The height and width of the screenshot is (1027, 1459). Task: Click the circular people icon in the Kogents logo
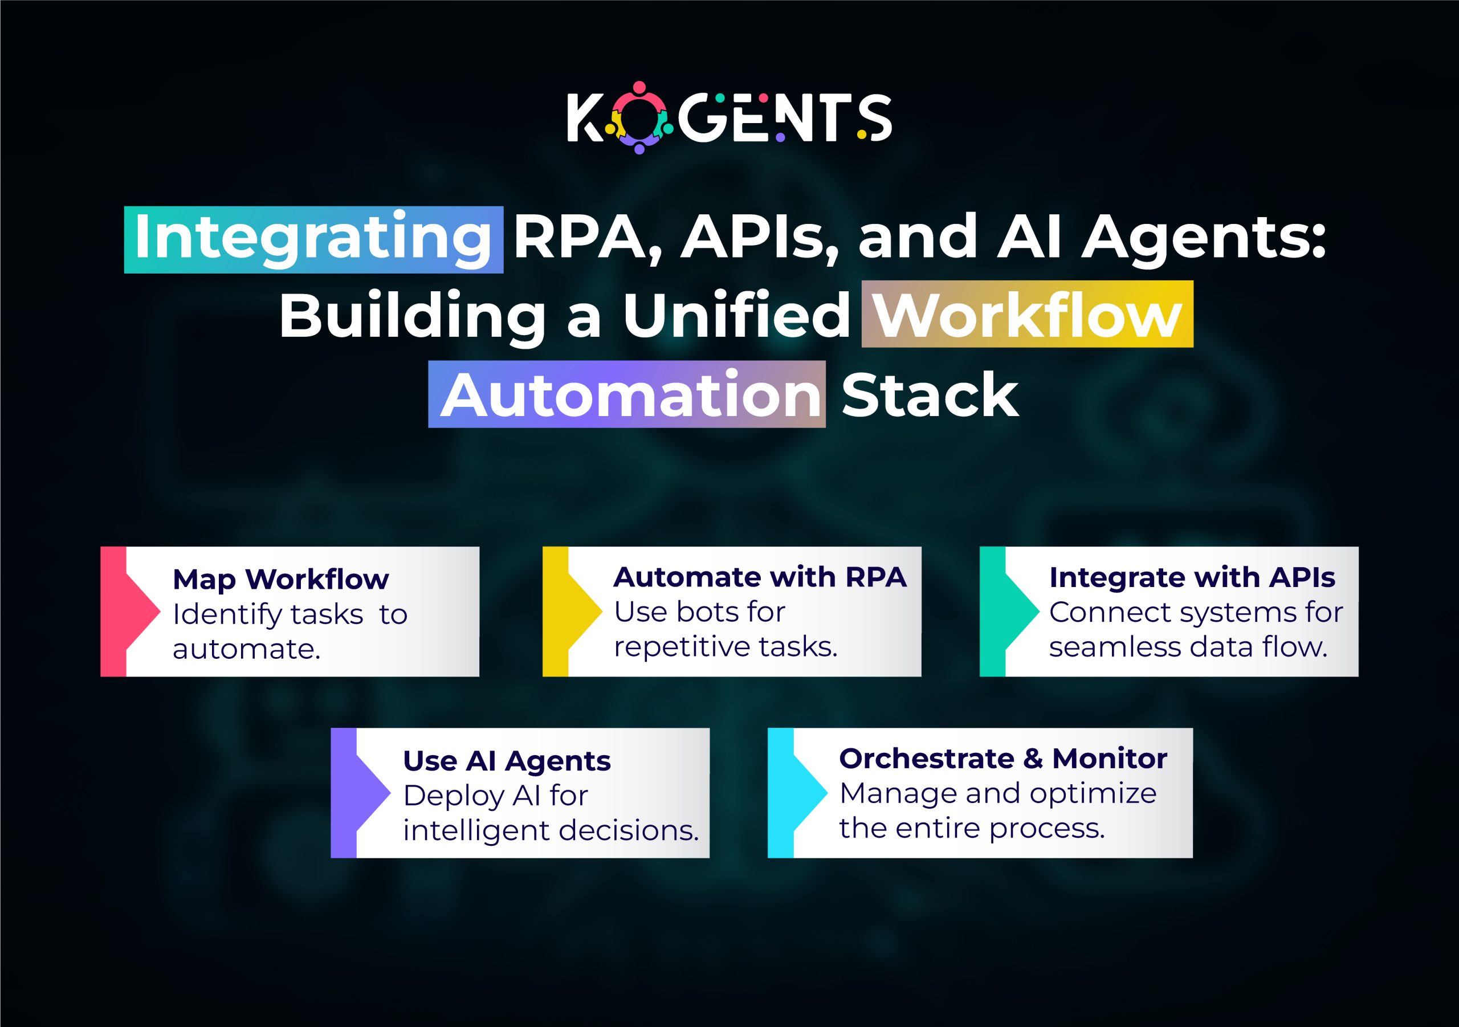639,117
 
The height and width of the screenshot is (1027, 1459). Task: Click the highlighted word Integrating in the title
313,239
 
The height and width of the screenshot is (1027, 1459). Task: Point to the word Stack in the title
930,394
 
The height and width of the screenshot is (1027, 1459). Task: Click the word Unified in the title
736,315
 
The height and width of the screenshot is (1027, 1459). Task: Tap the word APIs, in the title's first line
759,238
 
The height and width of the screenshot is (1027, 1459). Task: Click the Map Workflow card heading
280,579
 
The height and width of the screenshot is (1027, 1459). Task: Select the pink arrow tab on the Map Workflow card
127,611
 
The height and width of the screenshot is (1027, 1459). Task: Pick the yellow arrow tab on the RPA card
569,611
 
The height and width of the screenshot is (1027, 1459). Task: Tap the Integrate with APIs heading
1192,577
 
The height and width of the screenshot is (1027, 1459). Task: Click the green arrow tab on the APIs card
1006,611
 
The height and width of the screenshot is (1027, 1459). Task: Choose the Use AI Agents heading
507,761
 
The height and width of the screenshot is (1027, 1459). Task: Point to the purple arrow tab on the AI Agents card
358,793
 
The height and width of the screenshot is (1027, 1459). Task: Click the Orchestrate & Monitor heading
1002,758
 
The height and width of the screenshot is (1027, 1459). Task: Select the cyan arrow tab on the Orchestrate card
794,793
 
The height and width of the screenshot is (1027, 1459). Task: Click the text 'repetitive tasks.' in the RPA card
725,647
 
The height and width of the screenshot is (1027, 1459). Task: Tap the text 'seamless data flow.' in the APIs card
1188,647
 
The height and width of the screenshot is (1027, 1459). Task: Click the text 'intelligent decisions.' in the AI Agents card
551,830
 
